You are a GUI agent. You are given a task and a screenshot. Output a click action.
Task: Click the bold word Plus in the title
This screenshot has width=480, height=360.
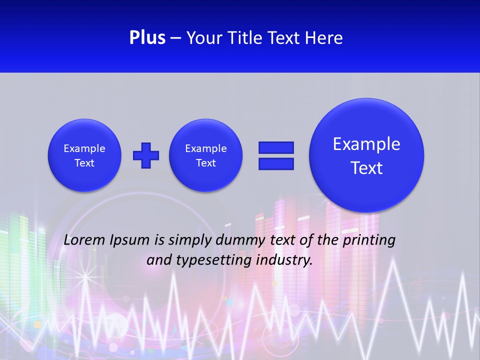(147, 38)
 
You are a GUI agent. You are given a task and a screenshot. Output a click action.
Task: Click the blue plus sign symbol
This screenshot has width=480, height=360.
(146, 155)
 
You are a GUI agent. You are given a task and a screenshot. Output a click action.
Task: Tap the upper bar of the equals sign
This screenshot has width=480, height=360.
(276, 147)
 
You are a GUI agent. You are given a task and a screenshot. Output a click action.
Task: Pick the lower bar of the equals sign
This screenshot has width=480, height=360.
(276, 163)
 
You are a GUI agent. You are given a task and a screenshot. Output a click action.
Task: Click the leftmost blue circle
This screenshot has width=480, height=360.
(84, 155)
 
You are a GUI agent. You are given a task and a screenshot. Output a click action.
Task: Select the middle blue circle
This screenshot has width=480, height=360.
(206, 155)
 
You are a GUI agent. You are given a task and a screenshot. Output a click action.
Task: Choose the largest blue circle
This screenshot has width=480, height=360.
(366, 155)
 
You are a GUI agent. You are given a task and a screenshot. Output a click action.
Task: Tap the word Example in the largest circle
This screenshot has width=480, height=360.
(366, 144)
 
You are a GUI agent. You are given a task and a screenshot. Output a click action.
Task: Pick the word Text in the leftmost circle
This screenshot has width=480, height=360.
(84, 163)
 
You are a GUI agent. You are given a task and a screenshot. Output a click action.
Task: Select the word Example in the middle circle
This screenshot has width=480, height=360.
(206, 148)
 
